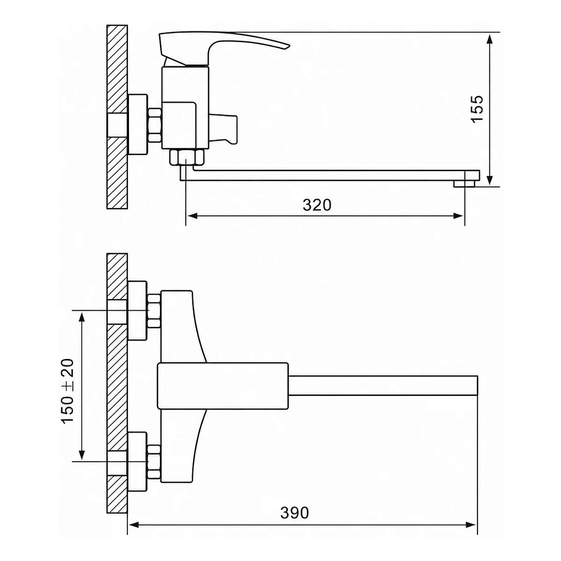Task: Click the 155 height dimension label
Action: coord(477,109)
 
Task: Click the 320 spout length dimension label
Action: coord(317,205)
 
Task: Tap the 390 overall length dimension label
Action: coord(295,513)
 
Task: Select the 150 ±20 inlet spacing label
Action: coord(68,391)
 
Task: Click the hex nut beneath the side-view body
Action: coord(187,158)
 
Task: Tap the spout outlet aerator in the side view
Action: coord(464,183)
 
